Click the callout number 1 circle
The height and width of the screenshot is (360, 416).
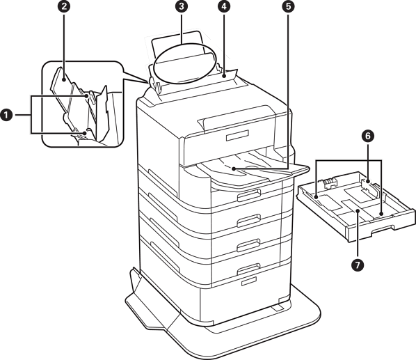pyautogui.click(x=6, y=115)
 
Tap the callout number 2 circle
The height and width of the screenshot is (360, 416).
pyautogui.click(x=64, y=6)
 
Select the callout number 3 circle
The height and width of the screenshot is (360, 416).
pyautogui.click(x=182, y=6)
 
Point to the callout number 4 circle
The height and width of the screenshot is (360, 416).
pyautogui.click(x=224, y=6)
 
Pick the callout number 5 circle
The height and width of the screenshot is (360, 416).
pyautogui.click(x=289, y=6)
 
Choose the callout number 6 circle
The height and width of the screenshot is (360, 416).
pyautogui.click(x=368, y=136)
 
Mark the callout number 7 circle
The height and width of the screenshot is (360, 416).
pyautogui.click(x=358, y=265)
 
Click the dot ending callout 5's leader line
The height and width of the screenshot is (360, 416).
pyautogui.click(x=234, y=169)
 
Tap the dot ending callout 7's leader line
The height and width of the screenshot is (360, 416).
pyautogui.click(x=358, y=211)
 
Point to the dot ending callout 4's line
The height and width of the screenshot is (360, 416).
pyautogui.click(x=225, y=77)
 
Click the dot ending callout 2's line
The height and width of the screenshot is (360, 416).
pyautogui.click(x=64, y=79)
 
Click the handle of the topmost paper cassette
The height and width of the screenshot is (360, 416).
pyautogui.click(x=248, y=196)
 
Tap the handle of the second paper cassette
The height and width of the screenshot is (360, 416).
pyautogui.click(x=248, y=220)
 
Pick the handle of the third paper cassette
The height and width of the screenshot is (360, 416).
pyautogui.click(x=248, y=245)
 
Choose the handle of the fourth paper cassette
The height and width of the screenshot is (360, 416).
pyautogui.click(x=248, y=269)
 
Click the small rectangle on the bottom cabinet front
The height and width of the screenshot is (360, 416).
pyautogui.click(x=249, y=281)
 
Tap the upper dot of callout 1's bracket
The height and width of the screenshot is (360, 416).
pyautogui.click(x=86, y=96)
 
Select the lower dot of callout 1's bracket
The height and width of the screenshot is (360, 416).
pyautogui.click(x=85, y=133)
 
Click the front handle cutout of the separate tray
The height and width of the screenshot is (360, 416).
pyautogui.click(x=381, y=229)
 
